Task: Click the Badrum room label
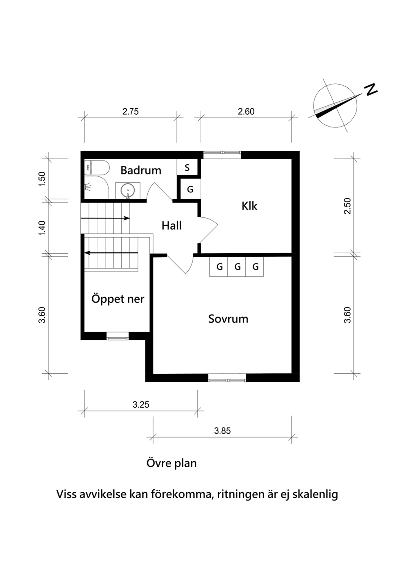coord(141,170)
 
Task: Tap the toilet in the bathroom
coord(97,168)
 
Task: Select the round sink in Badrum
coord(128,191)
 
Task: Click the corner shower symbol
coord(96,187)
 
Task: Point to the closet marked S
coord(187,167)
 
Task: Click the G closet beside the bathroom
coord(190,189)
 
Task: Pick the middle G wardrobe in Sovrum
coord(238,267)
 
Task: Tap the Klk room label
coord(249,206)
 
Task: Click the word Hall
coord(171,225)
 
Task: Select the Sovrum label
coord(228,319)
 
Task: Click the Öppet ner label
coord(118,299)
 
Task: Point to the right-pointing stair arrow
coord(105,218)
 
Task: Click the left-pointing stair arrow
coord(111,253)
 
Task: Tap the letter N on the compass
coord(371,90)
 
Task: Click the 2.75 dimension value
coord(130,111)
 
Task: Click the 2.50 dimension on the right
coord(347,206)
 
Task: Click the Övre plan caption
coord(171,463)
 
